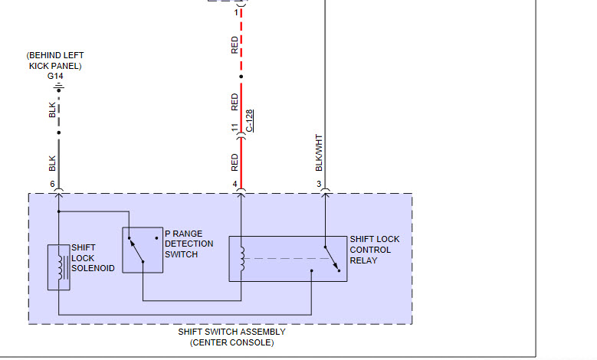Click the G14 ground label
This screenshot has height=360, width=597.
click(x=55, y=77)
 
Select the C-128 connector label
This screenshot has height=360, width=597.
click(x=250, y=120)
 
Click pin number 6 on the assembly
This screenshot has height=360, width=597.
click(x=53, y=185)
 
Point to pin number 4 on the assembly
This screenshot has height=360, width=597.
click(x=235, y=185)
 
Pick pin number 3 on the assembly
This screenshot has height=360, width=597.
click(x=319, y=185)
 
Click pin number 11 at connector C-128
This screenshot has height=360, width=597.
click(x=235, y=128)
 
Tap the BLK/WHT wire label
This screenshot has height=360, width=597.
click(x=319, y=153)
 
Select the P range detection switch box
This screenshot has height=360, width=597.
click(x=143, y=250)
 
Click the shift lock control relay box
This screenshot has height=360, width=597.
click(x=287, y=259)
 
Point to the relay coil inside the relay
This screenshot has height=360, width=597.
click(x=241, y=259)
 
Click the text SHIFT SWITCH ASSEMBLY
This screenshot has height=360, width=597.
click(x=231, y=332)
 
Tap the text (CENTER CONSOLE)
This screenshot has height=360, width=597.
click(x=231, y=342)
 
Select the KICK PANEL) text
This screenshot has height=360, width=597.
click(x=55, y=66)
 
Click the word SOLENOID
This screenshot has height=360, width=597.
click(x=93, y=268)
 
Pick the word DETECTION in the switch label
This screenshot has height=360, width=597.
click(x=189, y=244)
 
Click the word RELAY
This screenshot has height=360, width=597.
click(x=363, y=260)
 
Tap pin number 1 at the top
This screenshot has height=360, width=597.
click(x=235, y=13)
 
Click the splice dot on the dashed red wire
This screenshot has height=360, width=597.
click(x=241, y=77)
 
